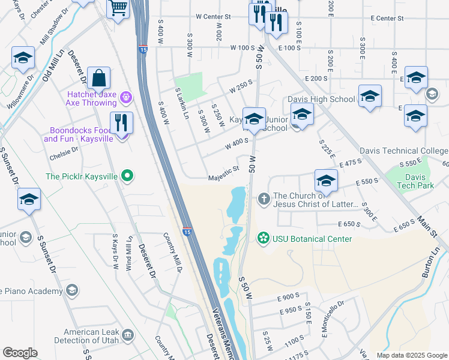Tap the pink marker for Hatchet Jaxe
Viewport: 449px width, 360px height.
125,97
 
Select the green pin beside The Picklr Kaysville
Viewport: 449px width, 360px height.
127,176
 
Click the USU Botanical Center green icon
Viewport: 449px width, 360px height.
263,239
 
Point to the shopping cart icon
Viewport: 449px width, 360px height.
118,8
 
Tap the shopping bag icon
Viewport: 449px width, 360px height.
98,79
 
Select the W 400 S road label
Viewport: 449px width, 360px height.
237,144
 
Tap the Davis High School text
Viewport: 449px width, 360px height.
321,99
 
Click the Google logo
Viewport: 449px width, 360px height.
20,353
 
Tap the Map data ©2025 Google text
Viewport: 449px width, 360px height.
411,355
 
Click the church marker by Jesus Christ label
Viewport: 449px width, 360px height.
263,199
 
